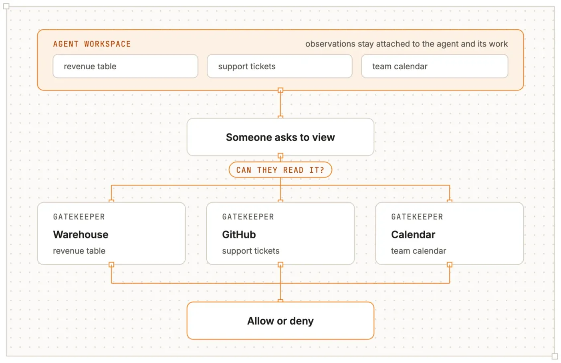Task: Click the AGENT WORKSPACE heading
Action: click(x=92, y=44)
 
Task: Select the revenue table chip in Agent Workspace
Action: click(x=125, y=67)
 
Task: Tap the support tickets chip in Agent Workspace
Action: click(x=280, y=67)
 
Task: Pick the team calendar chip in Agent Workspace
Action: click(x=435, y=67)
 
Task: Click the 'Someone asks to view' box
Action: click(x=280, y=137)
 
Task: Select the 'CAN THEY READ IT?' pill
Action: click(x=280, y=170)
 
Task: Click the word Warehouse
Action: click(x=81, y=234)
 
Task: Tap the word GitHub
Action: click(x=239, y=234)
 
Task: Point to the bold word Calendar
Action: click(x=413, y=234)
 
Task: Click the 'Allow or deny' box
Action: click(x=280, y=321)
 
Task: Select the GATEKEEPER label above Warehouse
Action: click(x=79, y=217)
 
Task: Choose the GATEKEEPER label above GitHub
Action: click(x=248, y=217)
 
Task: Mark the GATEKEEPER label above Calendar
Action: click(x=417, y=217)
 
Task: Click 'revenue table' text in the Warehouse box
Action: click(x=79, y=251)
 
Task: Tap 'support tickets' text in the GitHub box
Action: click(x=251, y=251)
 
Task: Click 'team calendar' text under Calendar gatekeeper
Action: click(x=419, y=251)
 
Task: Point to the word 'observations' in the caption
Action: click(x=330, y=44)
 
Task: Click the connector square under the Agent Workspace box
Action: click(x=280, y=91)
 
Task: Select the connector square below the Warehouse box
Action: click(x=111, y=264)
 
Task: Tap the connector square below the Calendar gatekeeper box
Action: click(x=450, y=264)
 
